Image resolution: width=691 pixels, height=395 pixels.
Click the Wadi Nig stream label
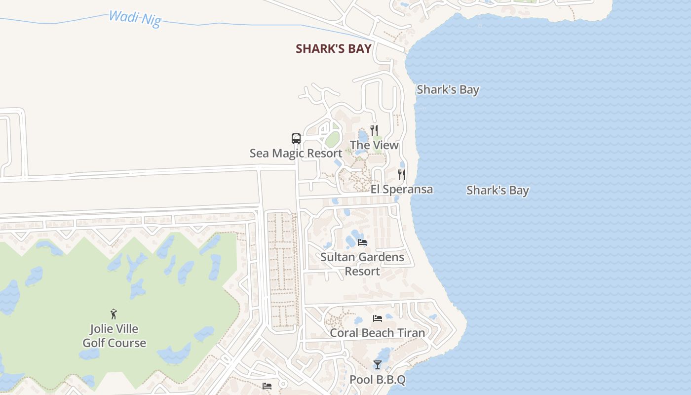tap(135, 19)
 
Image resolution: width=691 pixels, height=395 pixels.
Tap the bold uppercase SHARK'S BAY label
tap(333, 49)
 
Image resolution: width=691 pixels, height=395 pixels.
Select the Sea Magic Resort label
tap(296, 153)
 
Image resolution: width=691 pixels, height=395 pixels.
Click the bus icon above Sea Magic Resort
tap(296, 139)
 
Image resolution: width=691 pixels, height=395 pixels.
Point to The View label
tap(374, 145)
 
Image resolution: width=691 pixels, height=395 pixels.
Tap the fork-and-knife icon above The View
tap(374, 130)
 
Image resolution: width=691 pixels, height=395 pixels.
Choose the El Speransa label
tap(402, 189)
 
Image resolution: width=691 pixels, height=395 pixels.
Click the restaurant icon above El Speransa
tap(402, 175)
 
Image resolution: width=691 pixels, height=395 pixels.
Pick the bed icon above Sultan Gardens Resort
tap(362, 242)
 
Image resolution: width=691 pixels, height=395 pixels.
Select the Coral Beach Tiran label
tap(377, 333)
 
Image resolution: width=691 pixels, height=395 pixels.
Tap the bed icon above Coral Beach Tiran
tap(378, 318)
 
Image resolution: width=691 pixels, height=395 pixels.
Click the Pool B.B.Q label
tap(378, 380)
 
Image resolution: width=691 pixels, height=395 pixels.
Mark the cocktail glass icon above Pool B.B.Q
tap(378, 365)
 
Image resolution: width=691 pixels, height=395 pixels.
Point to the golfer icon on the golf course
tap(114, 314)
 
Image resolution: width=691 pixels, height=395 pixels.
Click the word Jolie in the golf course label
tap(102, 329)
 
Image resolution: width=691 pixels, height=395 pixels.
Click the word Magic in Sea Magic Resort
tap(288, 153)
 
